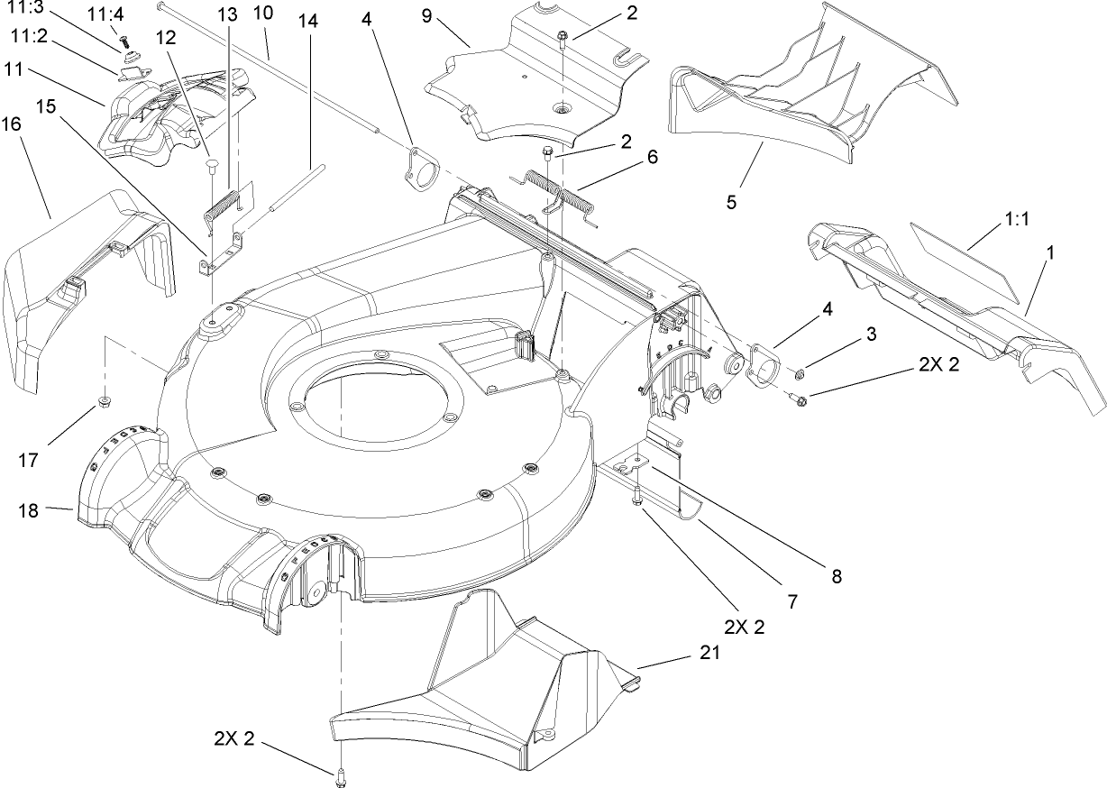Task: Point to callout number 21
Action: (709, 655)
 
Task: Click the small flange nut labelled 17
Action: (103, 400)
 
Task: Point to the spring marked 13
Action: (221, 205)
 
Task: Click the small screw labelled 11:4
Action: (124, 42)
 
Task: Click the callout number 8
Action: (836, 575)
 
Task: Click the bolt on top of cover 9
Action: (563, 38)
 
